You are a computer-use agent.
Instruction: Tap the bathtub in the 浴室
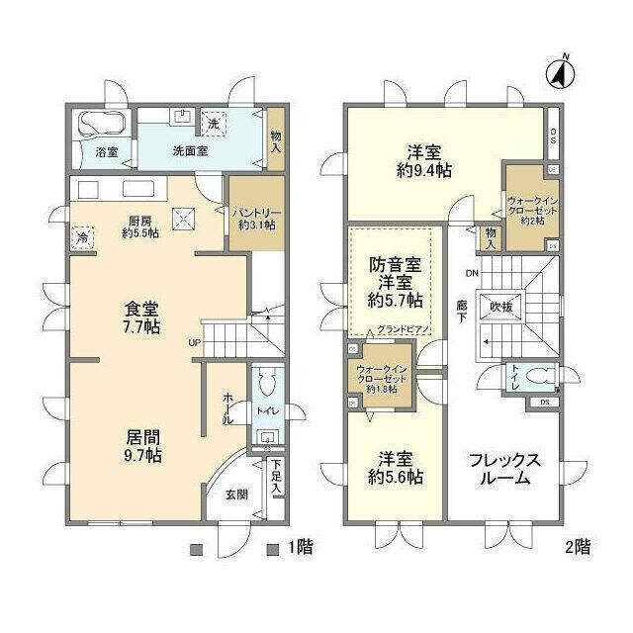(101, 126)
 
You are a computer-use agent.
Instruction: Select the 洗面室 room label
(189, 152)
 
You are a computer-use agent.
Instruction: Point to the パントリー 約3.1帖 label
(255, 219)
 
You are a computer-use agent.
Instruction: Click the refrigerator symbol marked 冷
(80, 237)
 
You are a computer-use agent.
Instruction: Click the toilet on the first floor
(265, 385)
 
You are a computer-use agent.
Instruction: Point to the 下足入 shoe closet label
(278, 479)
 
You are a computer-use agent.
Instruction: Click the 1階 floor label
(299, 547)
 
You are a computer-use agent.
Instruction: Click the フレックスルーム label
(503, 469)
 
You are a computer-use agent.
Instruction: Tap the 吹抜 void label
(502, 308)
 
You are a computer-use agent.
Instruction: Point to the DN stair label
(472, 272)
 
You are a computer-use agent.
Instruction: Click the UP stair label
(195, 343)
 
